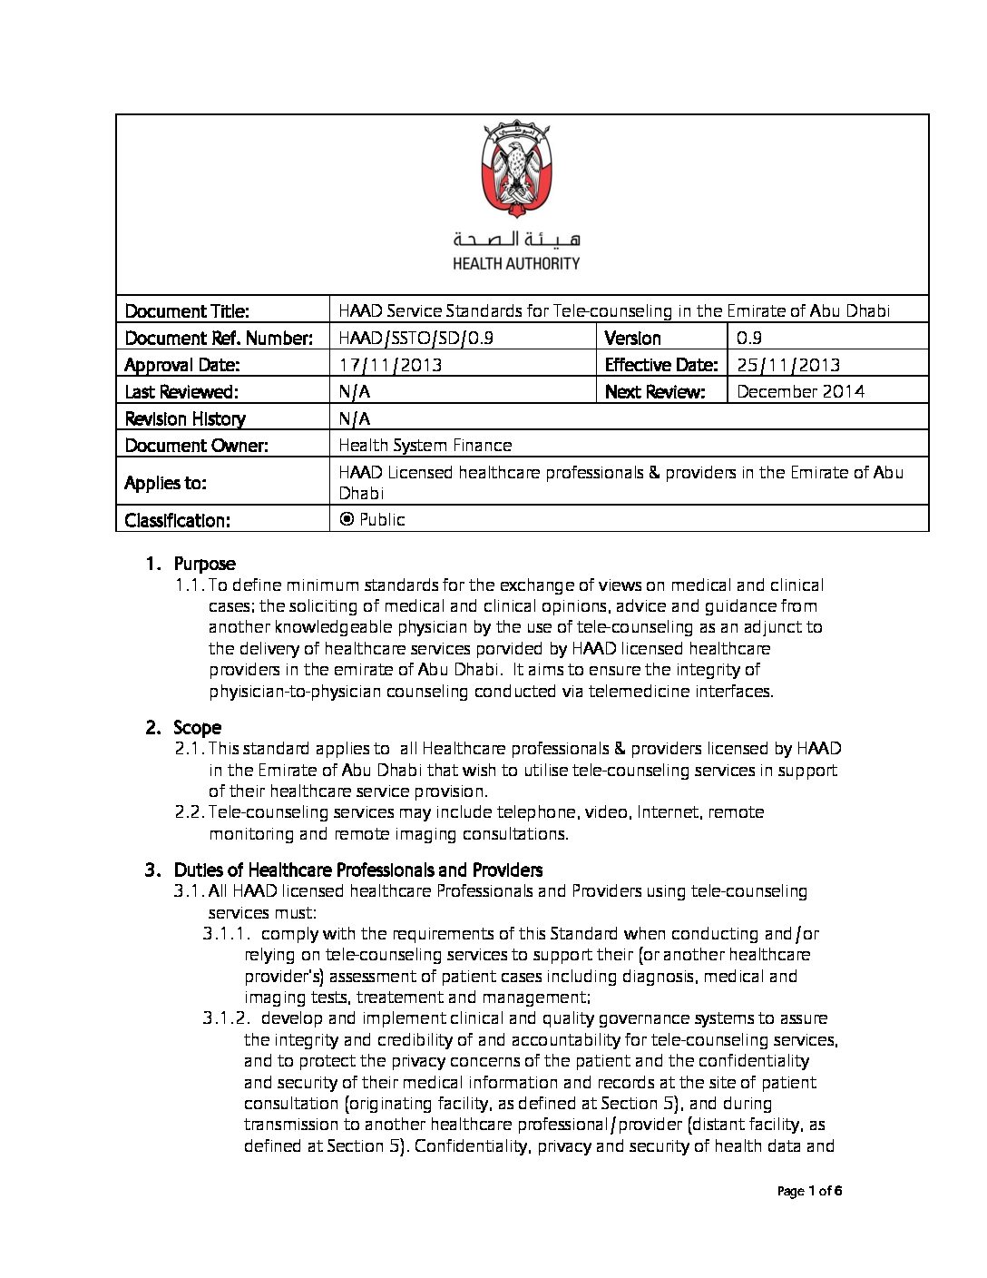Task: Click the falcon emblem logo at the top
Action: click(x=515, y=170)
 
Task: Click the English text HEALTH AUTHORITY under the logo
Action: click(x=516, y=263)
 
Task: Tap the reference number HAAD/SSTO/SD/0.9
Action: click(x=415, y=339)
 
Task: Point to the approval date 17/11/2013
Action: click(x=390, y=365)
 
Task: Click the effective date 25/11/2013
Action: click(x=788, y=365)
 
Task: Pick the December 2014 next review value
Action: click(x=800, y=391)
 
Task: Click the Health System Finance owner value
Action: click(x=425, y=445)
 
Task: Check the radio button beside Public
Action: click(x=346, y=519)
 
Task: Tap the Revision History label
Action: click(x=185, y=418)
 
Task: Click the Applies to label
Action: click(x=165, y=483)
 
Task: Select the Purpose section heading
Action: click(x=204, y=564)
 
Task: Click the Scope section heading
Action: click(x=197, y=728)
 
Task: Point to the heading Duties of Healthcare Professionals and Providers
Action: click(x=358, y=870)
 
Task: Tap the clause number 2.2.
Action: click(x=189, y=812)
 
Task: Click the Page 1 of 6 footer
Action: click(x=810, y=1192)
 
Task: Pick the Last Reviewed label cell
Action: click(x=181, y=391)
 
